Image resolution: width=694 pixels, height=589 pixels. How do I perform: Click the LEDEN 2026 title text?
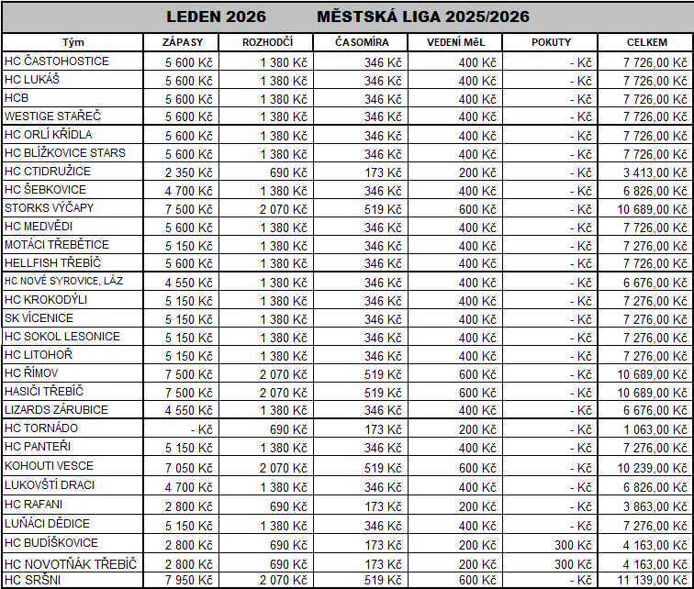217,17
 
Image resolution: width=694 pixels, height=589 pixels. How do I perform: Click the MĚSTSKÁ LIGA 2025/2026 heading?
423,17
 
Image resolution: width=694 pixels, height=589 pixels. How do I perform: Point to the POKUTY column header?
551,43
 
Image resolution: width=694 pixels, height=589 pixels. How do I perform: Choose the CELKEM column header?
646,43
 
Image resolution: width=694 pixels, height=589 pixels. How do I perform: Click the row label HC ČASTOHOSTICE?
57,61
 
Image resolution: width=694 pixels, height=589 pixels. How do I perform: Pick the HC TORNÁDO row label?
41,428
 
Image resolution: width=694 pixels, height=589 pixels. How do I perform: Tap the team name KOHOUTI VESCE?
49,466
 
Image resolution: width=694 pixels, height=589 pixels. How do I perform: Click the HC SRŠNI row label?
33,580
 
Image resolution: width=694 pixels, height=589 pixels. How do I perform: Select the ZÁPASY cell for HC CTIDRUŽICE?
189,172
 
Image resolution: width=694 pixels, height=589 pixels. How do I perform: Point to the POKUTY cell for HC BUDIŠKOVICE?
570,543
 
